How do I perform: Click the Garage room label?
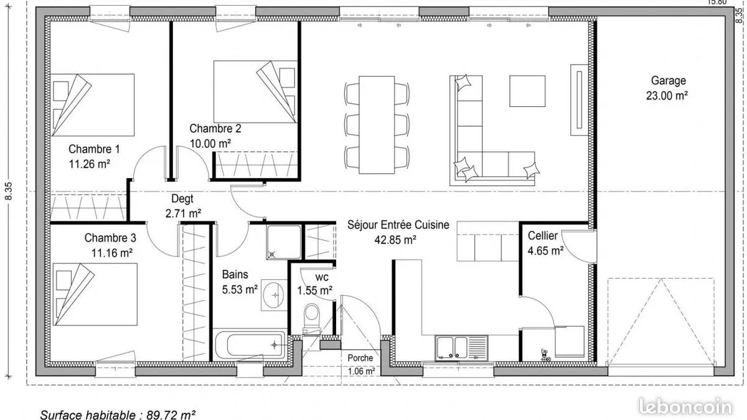[669, 81]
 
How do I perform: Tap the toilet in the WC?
[312, 318]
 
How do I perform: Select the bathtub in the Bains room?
[250, 345]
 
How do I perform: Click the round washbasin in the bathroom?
[274, 295]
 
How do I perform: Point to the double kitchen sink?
[461, 348]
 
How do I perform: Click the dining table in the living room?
[377, 124]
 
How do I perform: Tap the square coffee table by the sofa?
[527, 91]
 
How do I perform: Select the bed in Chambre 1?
[92, 105]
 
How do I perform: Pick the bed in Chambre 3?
[95, 294]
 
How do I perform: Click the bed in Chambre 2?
[255, 91]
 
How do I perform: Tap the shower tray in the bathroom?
[284, 242]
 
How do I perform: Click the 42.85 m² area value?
[395, 240]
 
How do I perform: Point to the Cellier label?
[543, 236]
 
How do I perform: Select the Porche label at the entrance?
[360, 358]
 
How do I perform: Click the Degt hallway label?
[182, 198]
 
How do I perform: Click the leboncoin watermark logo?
[685, 407]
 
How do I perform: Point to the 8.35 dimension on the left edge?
[9, 191]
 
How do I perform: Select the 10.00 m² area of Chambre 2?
[210, 144]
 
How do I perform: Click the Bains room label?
[235, 274]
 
